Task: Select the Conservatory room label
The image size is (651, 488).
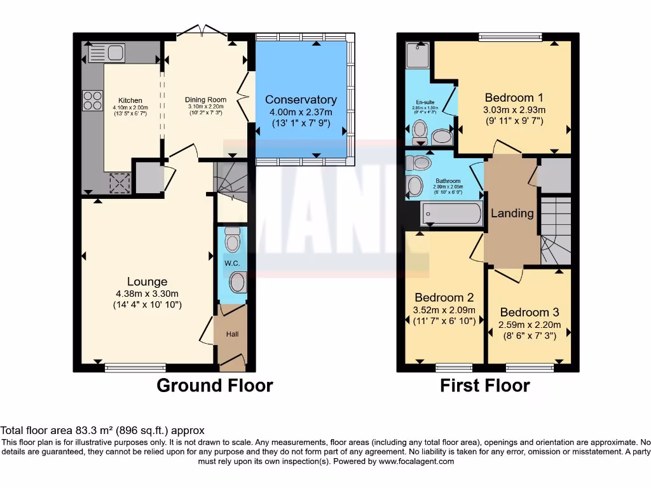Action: [x=301, y=100]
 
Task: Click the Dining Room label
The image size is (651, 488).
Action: [x=205, y=100]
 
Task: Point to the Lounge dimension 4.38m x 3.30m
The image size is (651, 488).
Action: [x=147, y=294]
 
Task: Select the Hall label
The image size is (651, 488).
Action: [x=232, y=334]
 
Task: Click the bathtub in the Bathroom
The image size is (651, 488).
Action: [x=451, y=213]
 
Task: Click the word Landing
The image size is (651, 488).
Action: [x=512, y=213]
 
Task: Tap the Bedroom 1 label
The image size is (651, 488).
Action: [x=514, y=98]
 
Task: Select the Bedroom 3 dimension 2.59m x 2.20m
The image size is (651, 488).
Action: [x=529, y=324]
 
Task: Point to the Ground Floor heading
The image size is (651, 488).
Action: [x=215, y=386]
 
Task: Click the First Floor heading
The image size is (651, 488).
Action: [x=485, y=386]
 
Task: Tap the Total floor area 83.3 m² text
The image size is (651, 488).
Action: [x=102, y=431]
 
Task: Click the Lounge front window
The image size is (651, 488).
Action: [x=135, y=367]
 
